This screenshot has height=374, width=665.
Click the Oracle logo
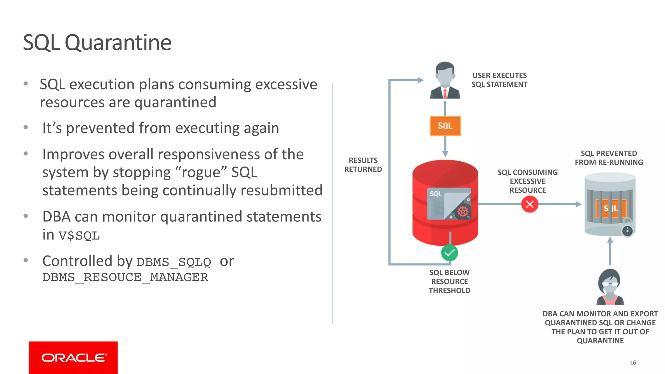(x=73, y=357)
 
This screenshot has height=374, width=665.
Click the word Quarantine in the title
(x=118, y=43)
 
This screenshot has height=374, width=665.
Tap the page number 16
(x=633, y=363)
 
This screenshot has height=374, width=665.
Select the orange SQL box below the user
(x=445, y=126)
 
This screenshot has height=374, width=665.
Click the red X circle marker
(x=530, y=204)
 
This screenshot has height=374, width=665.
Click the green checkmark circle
(x=449, y=253)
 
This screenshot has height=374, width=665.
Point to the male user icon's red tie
(x=445, y=93)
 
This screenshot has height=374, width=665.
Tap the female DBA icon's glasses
(x=610, y=284)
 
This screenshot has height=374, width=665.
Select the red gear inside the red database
(x=463, y=212)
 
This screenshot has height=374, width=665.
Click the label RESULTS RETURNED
(x=363, y=165)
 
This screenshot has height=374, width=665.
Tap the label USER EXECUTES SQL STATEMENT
(x=499, y=80)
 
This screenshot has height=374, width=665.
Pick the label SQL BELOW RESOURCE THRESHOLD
(x=449, y=281)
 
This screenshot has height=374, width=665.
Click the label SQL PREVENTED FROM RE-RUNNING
(x=609, y=158)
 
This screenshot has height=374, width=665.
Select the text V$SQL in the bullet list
(x=79, y=235)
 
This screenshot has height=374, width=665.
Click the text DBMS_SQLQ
(x=174, y=262)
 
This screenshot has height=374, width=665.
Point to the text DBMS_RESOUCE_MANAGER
(x=125, y=277)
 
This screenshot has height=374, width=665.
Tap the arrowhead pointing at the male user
(x=420, y=80)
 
